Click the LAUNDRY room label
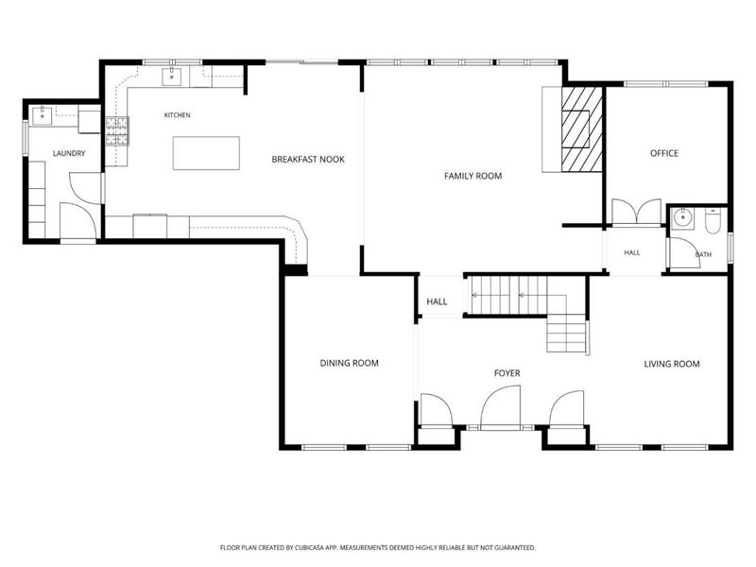(69, 153)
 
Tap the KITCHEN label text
(178, 115)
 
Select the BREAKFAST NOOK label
(308, 159)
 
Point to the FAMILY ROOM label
(473, 176)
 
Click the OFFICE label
(664, 153)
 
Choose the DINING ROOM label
(350, 363)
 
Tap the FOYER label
(507, 373)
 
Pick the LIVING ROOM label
(672, 364)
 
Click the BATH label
(703, 254)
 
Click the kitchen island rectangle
(206, 153)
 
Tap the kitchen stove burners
(117, 131)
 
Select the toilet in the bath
(713, 221)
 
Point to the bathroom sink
(682, 218)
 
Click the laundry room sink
(43, 115)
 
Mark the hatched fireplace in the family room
(582, 129)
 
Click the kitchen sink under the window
(172, 77)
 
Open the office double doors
(636, 212)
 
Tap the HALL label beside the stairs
(437, 301)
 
